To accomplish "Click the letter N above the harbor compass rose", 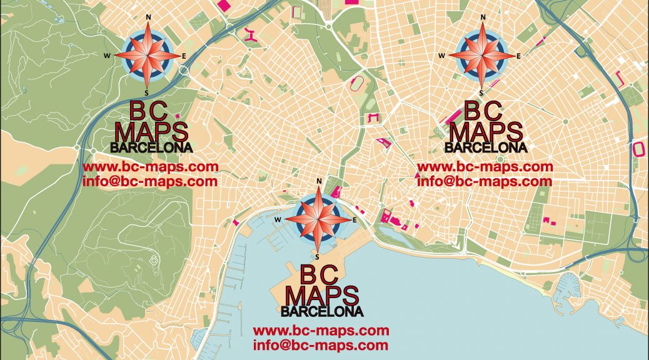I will pos(319,182).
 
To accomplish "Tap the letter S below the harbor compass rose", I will pos(318,256).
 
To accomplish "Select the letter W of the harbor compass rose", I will pos(277,220).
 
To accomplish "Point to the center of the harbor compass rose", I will pos(318,219).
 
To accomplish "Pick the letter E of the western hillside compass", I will pos(184,56).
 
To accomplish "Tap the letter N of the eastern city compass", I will pos(482,17).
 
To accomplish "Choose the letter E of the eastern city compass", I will pos(518,56).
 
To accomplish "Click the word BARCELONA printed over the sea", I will pos(321,311).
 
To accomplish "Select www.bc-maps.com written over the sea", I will pos(321,331).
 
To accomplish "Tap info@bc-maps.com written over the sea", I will pos(321,345).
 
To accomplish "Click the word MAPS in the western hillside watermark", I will pos(151,132).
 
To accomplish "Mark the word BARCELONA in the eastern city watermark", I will pos(485,147).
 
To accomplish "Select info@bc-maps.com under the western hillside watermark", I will pos(150,182).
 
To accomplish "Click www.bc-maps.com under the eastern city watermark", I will pos(485,167).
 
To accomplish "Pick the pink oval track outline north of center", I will pos(359,82).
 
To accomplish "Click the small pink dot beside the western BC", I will pos(177,116).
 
